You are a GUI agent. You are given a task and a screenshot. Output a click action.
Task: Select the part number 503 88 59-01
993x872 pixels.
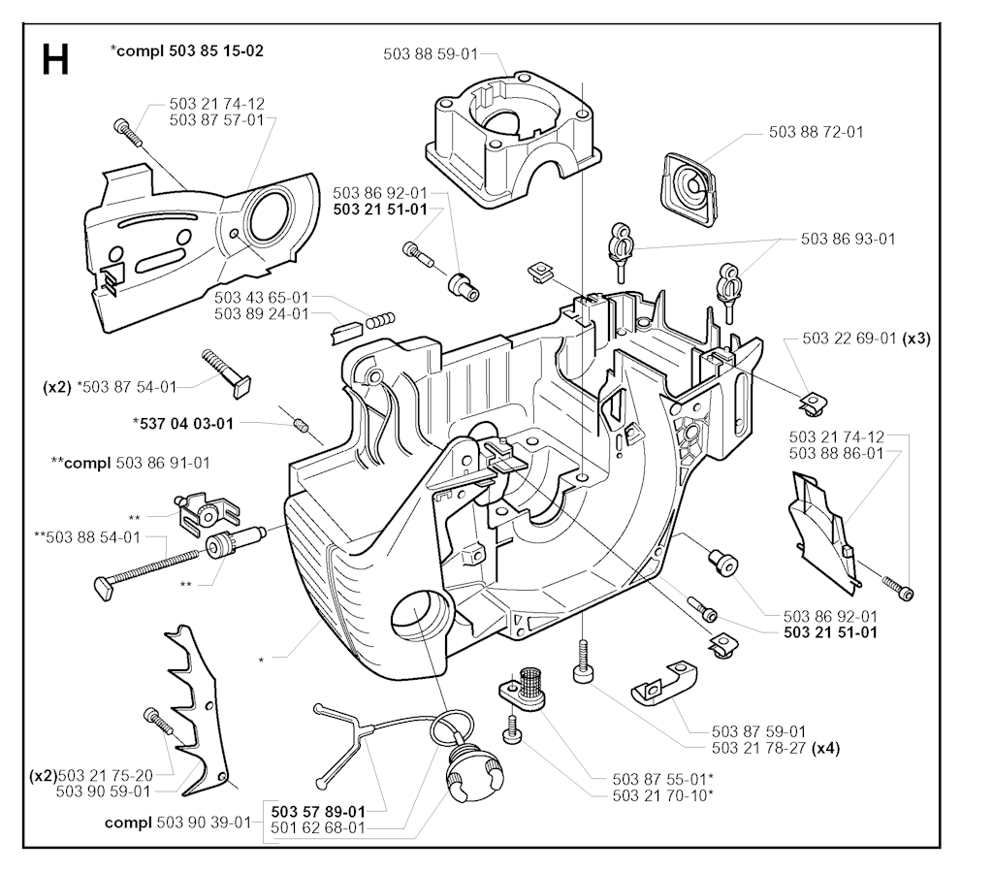pos(427,55)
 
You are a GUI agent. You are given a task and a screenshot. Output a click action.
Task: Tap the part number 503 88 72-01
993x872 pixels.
pos(816,132)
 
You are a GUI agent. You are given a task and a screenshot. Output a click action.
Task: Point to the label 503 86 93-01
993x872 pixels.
pos(849,239)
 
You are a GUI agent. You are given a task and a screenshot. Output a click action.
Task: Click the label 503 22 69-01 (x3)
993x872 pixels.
pos(867,339)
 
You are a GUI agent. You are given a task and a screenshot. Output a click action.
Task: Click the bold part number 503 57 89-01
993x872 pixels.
pos(318,811)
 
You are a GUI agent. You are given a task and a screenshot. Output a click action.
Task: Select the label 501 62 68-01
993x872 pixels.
pos(318,827)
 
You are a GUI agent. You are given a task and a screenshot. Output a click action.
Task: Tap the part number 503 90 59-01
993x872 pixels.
pos(104,791)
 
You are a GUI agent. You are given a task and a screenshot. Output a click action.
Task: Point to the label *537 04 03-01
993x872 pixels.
pos(183,423)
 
